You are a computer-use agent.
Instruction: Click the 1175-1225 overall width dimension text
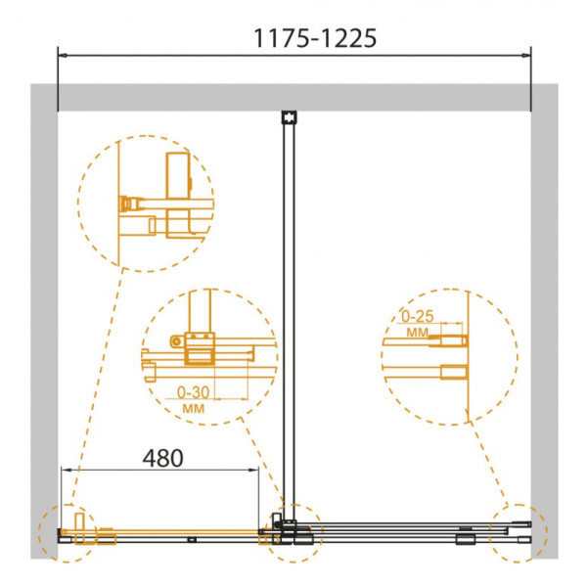click(x=315, y=38)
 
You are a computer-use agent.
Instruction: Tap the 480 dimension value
click(x=162, y=458)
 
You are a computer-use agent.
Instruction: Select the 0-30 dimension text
click(x=193, y=392)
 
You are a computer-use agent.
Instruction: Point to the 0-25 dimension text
click(x=418, y=317)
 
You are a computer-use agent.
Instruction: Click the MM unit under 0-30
click(x=194, y=408)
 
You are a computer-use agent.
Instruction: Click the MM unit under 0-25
click(x=417, y=332)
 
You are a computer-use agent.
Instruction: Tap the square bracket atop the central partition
click(x=289, y=117)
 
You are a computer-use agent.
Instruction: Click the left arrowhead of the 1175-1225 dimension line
click(x=63, y=56)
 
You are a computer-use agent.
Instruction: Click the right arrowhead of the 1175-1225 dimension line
click(x=526, y=56)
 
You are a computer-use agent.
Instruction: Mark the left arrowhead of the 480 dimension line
click(x=66, y=469)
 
